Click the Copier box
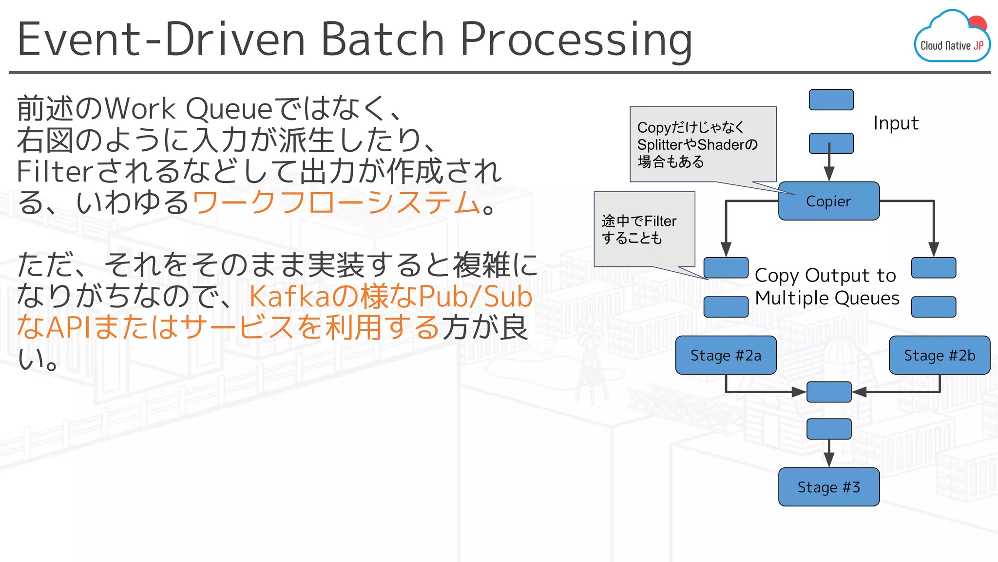pyautogui.click(x=828, y=201)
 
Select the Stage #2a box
pyautogui.click(x=726, y=355)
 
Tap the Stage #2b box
pyautogui.click(x=939, y=355)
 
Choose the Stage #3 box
pyautogui.click(x=828, y=487)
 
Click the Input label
pyautogui.click(x=896, y=123)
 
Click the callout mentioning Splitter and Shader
pyautogui.click(x=702, y=144)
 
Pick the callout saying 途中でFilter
pyautogui.click(x=644, y=229)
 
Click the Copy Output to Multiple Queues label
pyautogui.click(x=826, y=286)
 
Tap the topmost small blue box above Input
pyautogui.click(x=831, y=100)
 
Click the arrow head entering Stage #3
pyautogui.click(x=829, y=460)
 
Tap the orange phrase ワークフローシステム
pyautogui.click(x=336, y=202)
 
